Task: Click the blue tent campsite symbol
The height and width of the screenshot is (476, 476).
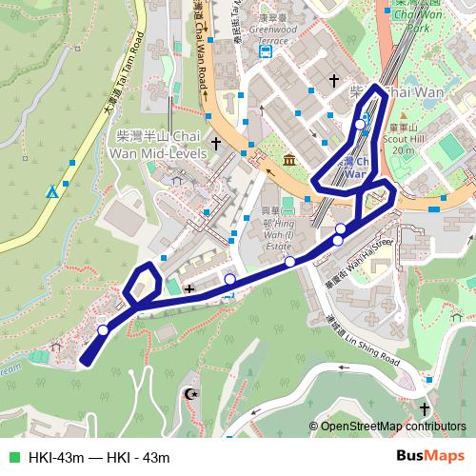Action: pyautogui.click(x=52, y=192)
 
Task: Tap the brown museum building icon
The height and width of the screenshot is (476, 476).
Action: pyautogui.click(x=287, y=156)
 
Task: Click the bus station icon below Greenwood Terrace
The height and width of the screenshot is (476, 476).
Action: pyautogui.click(x=265, y=53)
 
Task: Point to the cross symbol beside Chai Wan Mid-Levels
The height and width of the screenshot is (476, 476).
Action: pyautogui.click(x=216, y=144)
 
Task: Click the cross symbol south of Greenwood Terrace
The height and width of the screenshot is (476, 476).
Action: pyautogui.click(x=333, y=81)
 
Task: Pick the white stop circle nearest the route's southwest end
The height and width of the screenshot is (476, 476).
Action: pyautogui.click(x=103, y=330)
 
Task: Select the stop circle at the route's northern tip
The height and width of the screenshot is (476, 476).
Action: pyautogui.click(x=362, y=122)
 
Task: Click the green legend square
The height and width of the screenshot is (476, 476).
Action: pyautogui.click(x=12, y=457)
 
